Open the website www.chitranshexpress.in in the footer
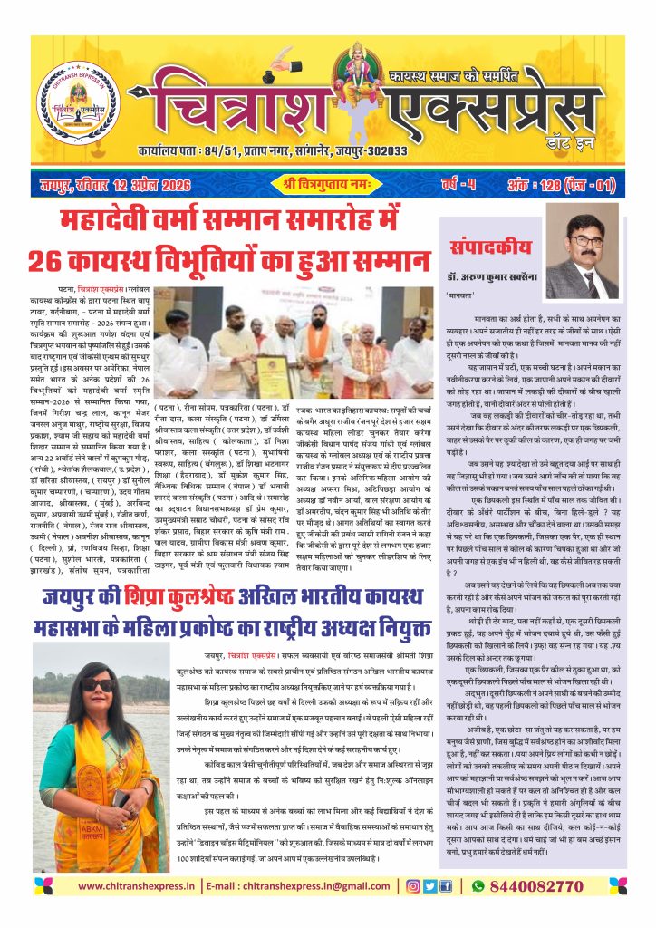click(x=134, y=884)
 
